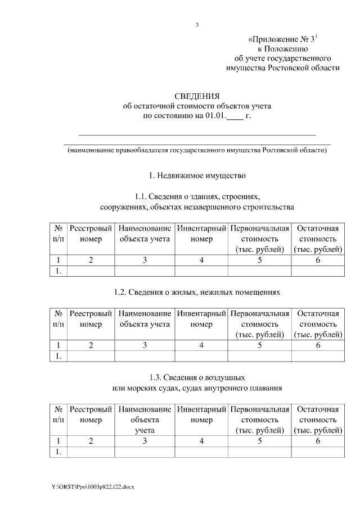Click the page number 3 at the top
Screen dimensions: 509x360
197,25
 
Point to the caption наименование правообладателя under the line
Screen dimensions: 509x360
197,151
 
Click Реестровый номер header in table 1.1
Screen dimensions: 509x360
91,234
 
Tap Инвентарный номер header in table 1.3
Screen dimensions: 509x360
201,414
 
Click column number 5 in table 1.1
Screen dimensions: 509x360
259,260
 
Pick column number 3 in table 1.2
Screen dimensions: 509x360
145,345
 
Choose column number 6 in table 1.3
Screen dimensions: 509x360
317,441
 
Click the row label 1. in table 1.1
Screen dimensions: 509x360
58,271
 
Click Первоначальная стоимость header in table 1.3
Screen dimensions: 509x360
259,420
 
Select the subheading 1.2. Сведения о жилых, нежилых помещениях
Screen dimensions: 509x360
197,292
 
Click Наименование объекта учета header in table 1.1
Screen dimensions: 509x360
145,234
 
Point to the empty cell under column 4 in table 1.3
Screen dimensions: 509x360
201,452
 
